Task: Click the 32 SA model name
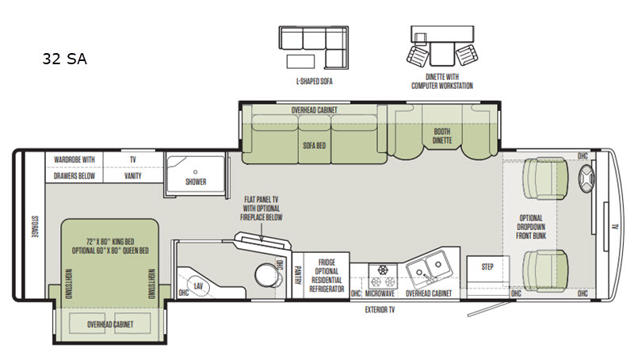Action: coord(64,59)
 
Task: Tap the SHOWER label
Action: coord(196,182)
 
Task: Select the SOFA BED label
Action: coord(315,146)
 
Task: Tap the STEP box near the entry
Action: coord(487,267)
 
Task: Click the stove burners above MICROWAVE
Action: coord(380,274)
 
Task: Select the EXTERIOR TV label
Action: coord(380,310)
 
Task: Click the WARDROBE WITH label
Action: coord(74,159)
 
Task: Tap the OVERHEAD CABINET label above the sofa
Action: coord(314,111)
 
